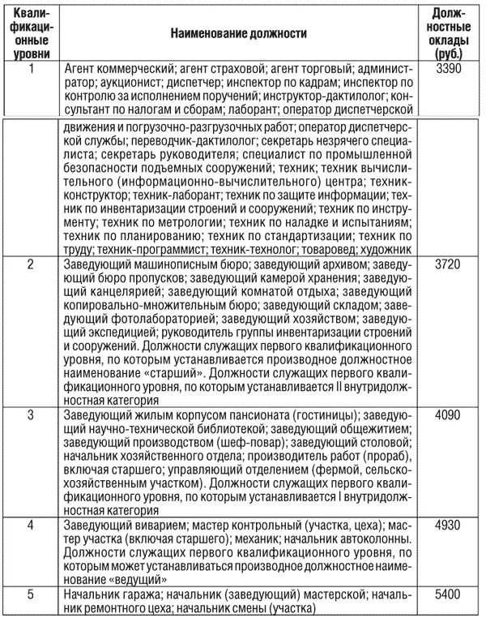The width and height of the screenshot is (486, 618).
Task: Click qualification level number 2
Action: coord(31,265)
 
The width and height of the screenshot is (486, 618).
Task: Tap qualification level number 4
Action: coord(31,526)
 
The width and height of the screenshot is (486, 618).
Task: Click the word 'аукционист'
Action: coord(128,84)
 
